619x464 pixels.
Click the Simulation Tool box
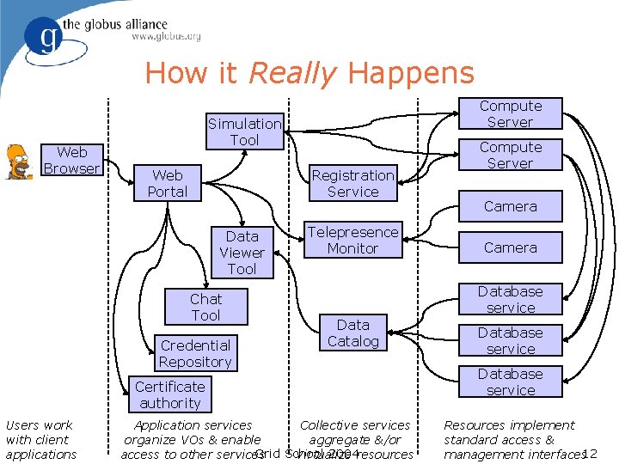pyautogui.click(x=244, y=131)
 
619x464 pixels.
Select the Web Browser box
pyautogui.click(x=71, y=161)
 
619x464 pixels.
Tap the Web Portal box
pyautogui.click(x=167, y=183)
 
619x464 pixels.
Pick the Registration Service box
pyautogui.click(x=352, y=183)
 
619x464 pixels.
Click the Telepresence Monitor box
pyautogui.click(x=352, y=240)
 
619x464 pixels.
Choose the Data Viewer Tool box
pyautogui.click(x=242, y=253)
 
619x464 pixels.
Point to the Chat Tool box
pyautogui.click(x=205, y=307)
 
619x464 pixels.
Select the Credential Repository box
pyautogui.click(x=195, y=353)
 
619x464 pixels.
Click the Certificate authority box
pyautogui.click(x=169, y=394)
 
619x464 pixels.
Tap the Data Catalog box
pyautogui.click(x=352, y=333)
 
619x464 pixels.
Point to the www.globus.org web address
pyautogui.click(x=166, y=37)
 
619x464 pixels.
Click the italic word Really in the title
pyautogui.click(x=291, y=73)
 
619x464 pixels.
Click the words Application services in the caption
pyautogui.click(x=193, y=424)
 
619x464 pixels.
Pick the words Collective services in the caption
pyautogui.click(x=355, y=424)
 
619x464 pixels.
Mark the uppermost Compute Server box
pyautogui.click(x=510, y=113)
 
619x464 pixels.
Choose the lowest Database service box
pyautogui.click(x=510, y=382)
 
